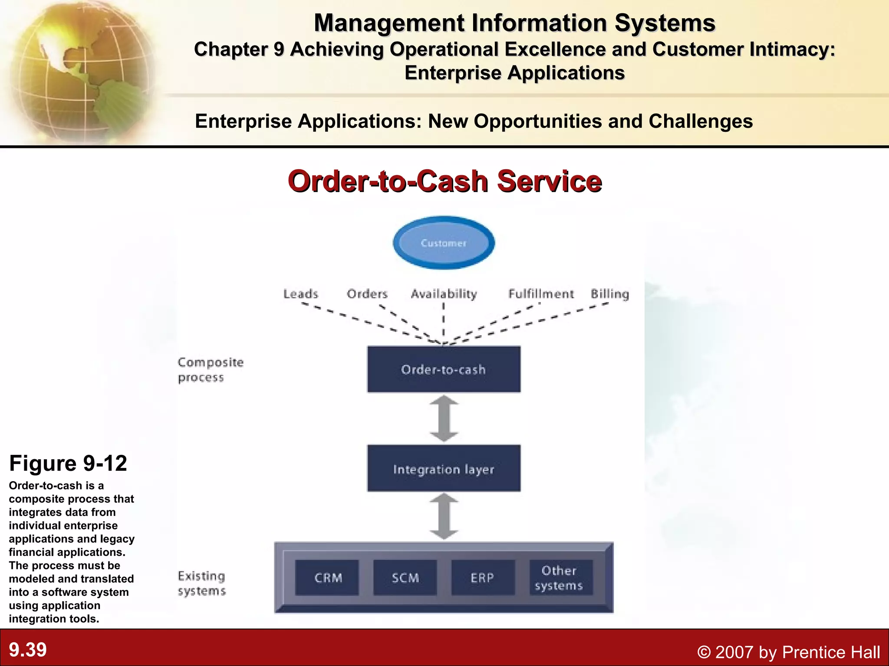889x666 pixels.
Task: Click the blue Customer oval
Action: click(x=444, y=243)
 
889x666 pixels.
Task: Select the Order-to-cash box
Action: click(x=444, y=369)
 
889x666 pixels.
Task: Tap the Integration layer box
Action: click(x=444, y=468)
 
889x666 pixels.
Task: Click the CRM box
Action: click(x=327, y=578)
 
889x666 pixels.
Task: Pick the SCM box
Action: click(x=405, y=578)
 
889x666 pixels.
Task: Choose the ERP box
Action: click(x=483, y=578)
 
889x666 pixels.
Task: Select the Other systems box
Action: click(x=560, y=578)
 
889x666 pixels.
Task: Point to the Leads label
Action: click(x=301, y=294)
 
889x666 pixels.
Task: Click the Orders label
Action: click(x=367, y=294)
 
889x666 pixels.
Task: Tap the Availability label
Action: click(x=444, y=294)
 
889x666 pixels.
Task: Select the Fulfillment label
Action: click(x=541, y=294)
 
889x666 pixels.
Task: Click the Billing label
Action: click(x=610, y=294)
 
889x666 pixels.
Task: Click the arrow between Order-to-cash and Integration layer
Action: click(x=444, y=418)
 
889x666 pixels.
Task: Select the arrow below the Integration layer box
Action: click(x=444, y=516)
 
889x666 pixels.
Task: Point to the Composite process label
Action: click(x=211, y=369)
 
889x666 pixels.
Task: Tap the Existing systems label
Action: click(x=202, y=583)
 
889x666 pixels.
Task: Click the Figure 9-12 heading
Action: click(x=68, y=463)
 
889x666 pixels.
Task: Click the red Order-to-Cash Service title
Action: click(x=444, y=181)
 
